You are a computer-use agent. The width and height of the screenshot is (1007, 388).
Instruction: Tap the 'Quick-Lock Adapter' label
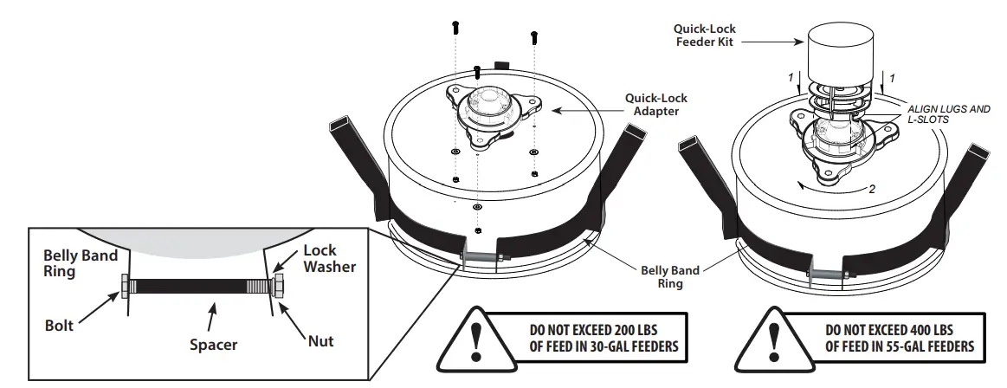650,104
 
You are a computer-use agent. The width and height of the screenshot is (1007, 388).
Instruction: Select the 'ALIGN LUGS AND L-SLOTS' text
947,113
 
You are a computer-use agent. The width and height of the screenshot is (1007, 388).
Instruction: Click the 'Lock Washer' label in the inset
329,258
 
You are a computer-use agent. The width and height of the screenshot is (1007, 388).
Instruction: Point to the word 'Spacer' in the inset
213,345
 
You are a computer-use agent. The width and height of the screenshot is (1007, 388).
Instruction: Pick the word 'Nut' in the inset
320,341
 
